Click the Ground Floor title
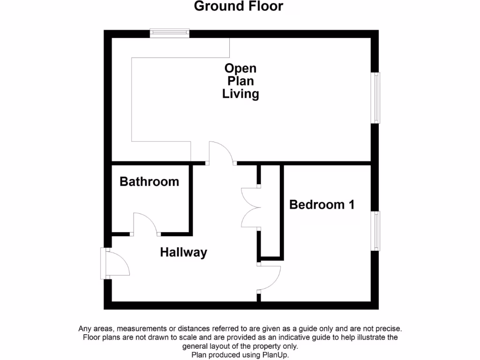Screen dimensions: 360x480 click(x=238, y=7)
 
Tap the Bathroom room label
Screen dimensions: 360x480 click(x=149, y=181)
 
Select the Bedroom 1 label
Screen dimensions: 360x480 click(x=322, y=204)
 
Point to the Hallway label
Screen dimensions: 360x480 click(x=183, y=252)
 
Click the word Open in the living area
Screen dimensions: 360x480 click(x=240, y=68)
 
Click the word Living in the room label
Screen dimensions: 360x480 click(x=240, y=94)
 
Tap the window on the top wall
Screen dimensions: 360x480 click(x=170, y=33)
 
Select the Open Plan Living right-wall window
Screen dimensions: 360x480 click(x=375, y=98)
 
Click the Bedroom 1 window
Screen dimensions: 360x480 click(x=375, y=231)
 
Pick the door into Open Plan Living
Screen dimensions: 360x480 click(x=221, y=153)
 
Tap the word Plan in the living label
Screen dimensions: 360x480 click(x=240, y=81)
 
